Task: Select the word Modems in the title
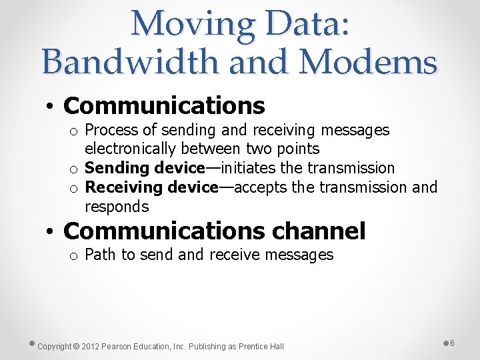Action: click(368, 62)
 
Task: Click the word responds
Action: click(117, 207)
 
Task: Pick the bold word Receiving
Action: click(124, 187)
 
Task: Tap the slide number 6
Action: click(452, 343)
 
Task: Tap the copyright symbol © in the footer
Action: click(76, 347)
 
